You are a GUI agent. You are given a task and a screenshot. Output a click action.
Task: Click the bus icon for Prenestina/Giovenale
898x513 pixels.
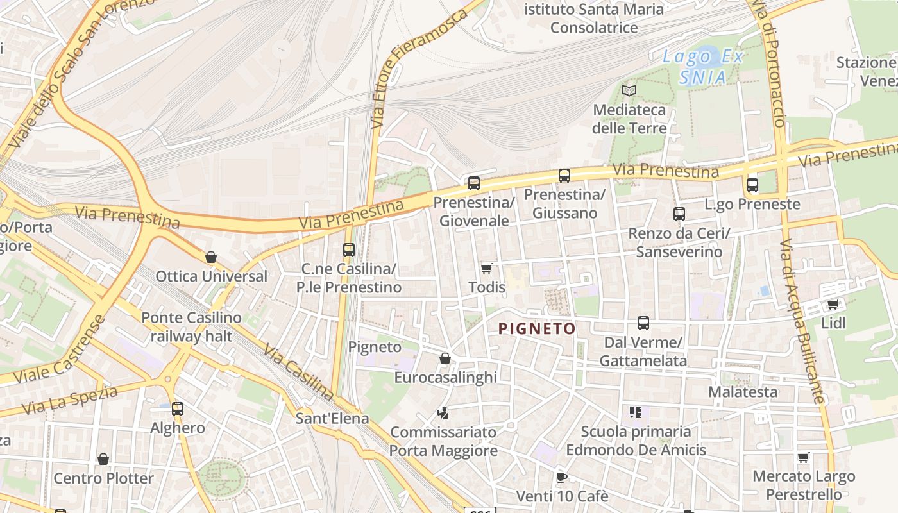click(x=473, y=183)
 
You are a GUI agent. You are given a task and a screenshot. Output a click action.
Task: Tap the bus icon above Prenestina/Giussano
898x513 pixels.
click(x=564, y=175)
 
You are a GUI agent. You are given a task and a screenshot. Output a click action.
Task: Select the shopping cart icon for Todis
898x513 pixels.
click(x=487, y=268)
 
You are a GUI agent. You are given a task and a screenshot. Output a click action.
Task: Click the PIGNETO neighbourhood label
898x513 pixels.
click(x=537, y=329)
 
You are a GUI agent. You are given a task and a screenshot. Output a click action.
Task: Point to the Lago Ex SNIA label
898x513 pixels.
click(x=703, y=67)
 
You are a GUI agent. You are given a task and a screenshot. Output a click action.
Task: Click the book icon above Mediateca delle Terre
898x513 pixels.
click(x=629, y=90)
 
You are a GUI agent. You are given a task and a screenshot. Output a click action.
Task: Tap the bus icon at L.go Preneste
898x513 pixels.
click(x=752, y=185)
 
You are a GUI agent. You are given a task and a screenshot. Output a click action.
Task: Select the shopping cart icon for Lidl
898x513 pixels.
click(x=833, y=304)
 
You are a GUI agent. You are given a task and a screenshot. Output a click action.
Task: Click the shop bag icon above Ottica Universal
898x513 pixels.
click(x=211, y=258)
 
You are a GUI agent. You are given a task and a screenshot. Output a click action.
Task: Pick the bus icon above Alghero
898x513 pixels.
click(x=177, y=408)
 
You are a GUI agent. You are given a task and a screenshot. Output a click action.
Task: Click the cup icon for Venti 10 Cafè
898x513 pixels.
click(x=561, y=476)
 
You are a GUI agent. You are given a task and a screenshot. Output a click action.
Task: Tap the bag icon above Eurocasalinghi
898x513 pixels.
click(x=445, y=358)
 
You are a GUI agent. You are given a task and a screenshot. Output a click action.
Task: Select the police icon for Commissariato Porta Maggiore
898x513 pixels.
click(x=443, y=412)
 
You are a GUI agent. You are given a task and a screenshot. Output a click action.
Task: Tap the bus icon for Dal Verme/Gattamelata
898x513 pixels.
click(x=643, y=323)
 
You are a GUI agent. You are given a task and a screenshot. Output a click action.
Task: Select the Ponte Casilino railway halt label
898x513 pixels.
click(x=191, y=326)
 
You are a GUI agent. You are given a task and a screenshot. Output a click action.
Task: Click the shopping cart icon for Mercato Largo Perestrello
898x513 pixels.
click(x=803, y=457)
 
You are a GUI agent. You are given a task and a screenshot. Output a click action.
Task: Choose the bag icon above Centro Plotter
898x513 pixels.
click(x=103, y=459)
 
